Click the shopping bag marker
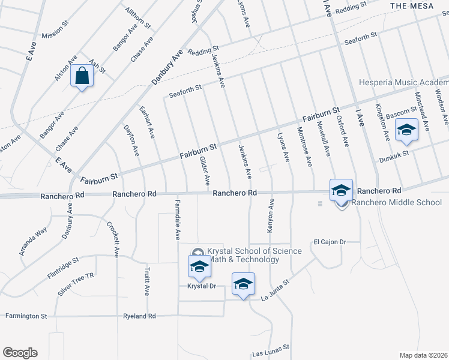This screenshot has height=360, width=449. [x=81, y=77]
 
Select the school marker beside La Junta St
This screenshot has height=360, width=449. [x=243, y=284]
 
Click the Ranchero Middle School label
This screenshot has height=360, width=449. [x=396, y=202]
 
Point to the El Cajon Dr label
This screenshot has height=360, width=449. [x=330, y=242]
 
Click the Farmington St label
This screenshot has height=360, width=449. [x=26, y=316]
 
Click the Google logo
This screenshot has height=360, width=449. [x=20, y=353]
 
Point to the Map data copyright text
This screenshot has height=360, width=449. [x=423, y=355]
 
